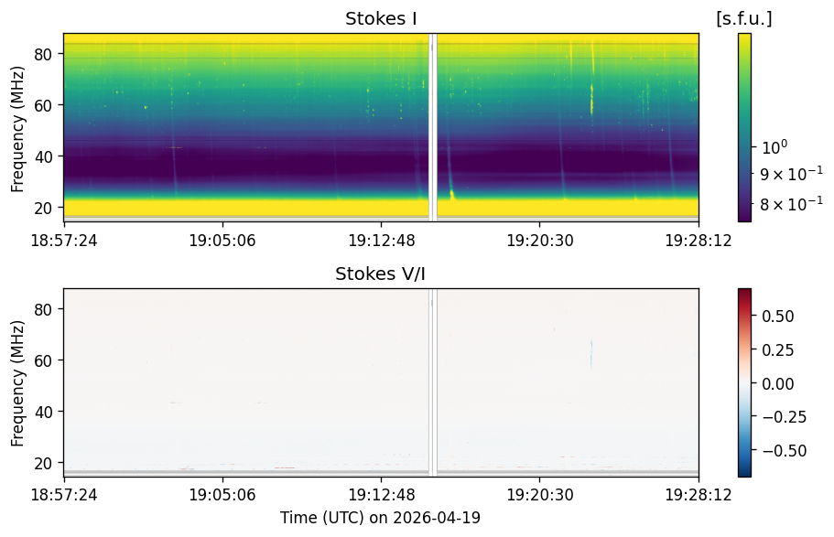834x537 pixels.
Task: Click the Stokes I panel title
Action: pos(381,18)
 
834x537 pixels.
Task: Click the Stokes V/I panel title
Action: pos(380,274)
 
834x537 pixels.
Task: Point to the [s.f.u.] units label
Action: pos(744,19)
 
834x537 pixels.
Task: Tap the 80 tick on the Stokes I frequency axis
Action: pos(43,54)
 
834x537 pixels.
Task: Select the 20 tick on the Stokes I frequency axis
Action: pos(43,208)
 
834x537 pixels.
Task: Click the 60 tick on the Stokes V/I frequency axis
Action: pos(43,360)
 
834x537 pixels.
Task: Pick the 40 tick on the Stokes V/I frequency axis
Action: pos(43,412)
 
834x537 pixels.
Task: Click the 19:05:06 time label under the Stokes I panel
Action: pos(222,241)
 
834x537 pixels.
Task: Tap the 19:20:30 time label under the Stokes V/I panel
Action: pos(540,496)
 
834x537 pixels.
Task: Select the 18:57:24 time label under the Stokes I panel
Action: pos(64,241)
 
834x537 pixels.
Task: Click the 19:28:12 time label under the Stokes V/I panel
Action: pos(699,496)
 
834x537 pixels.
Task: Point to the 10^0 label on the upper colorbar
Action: pos(774,146)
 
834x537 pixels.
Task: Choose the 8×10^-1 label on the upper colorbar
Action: pos(791,204)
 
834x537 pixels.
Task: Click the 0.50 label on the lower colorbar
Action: pos(777,317)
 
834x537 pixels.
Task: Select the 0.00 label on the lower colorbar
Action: pos(777,383)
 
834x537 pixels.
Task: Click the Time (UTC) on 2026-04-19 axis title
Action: pos(380,518)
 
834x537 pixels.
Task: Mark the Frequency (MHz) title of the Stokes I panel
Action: pos(17,129)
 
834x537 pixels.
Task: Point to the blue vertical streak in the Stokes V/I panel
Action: pos(590,354)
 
